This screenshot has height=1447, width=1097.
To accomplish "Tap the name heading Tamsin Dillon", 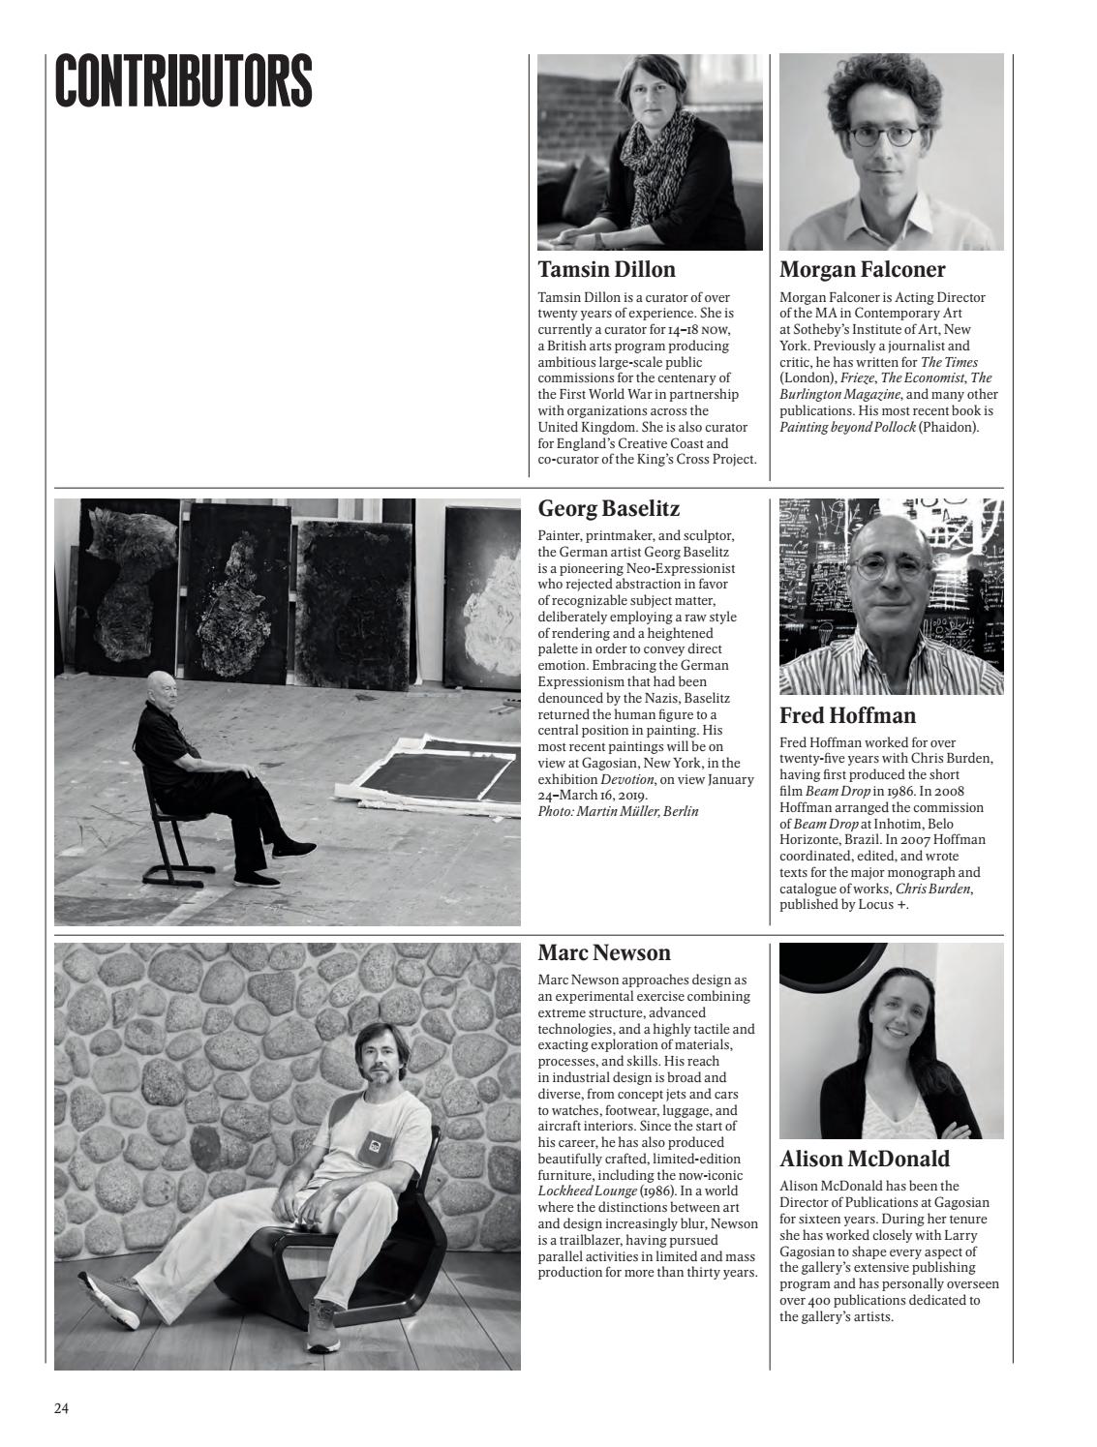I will [606, 269].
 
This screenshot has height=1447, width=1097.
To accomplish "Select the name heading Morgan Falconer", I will [862, 269].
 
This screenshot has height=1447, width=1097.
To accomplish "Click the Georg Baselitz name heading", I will [608, 508].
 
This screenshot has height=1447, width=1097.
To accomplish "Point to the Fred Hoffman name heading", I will [847, 715].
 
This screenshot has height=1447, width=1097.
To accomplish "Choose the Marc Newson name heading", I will [603, 952].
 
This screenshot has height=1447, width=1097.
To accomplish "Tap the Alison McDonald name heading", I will [864, 1159].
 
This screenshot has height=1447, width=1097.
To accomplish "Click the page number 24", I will [61, 1408].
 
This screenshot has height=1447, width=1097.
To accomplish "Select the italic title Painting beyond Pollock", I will [847, 427].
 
